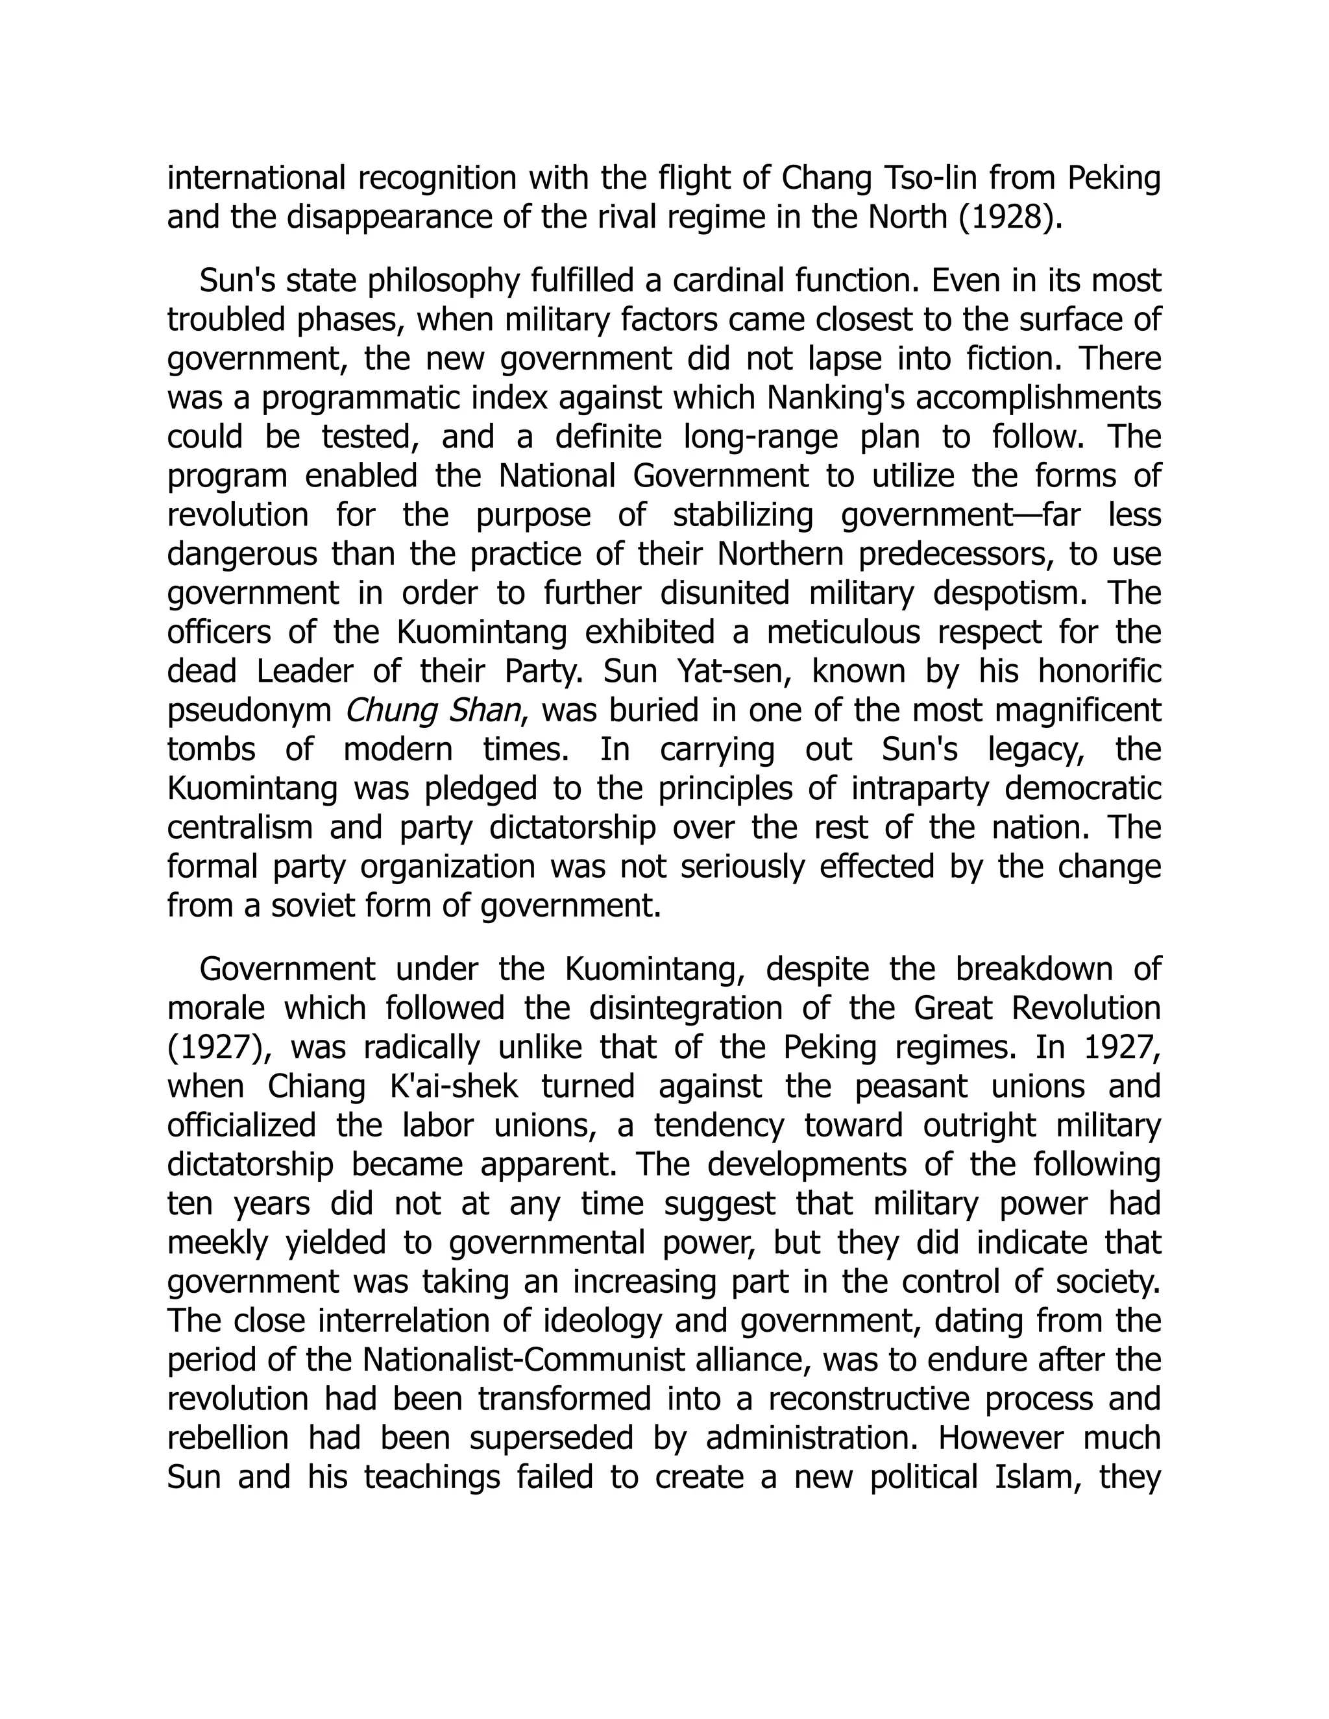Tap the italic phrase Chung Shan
pos(433,711)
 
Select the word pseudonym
pos(250,711)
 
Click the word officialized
pos(241,1125)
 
